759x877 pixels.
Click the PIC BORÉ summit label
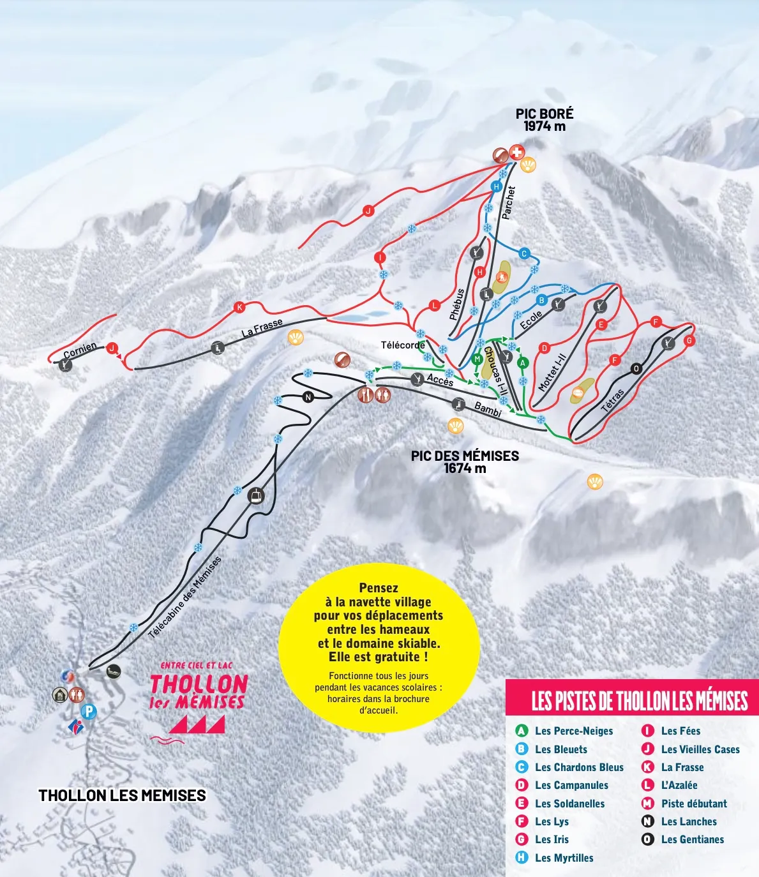[x=545, y=119]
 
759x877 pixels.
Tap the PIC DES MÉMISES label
[x=465, y=461]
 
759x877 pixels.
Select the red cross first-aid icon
[x=516, y=153]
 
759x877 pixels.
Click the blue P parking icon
[x=89, y=711]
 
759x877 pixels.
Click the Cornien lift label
[x=80, y=350]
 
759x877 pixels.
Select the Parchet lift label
[x=508, y=203]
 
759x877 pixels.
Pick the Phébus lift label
[x=457, y=304]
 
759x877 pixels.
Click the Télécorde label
[x=403, y=345]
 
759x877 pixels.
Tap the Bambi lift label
[x=488, y=410]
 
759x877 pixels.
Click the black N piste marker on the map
[x=308, y=397]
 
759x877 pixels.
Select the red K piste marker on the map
[x=239, y=308]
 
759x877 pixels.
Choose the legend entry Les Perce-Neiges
[x=573, y=731]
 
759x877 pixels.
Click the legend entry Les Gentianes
[x=692, y=840]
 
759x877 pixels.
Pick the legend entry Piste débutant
[x=693, y=804]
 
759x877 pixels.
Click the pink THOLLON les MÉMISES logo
[x=198, y=696]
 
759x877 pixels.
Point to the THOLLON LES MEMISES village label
[x=123, y=795]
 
